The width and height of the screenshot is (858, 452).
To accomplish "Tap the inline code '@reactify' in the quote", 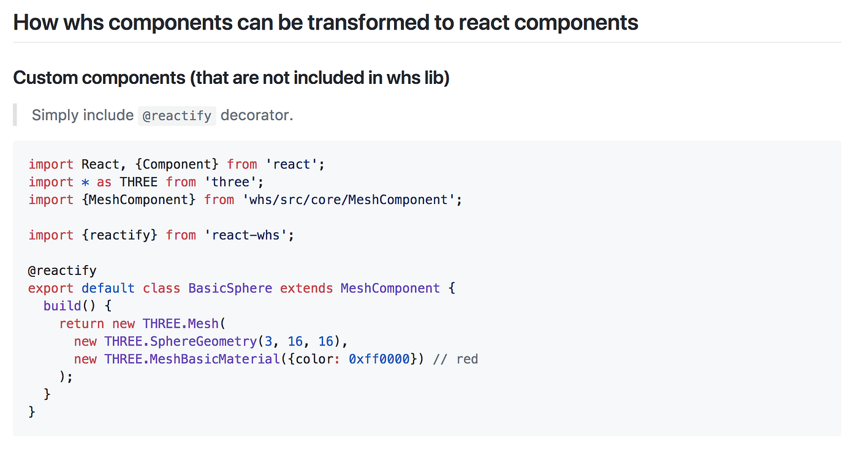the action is click(177, 115).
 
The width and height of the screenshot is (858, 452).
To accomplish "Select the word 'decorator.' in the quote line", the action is click(257, 115).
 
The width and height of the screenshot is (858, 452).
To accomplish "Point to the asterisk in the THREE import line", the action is click(85, 182).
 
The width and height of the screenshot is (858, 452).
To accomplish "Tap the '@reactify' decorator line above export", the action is click(63, 271).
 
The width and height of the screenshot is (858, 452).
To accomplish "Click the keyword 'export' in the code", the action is click(51, 288).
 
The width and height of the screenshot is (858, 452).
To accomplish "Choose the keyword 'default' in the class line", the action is click(108, 288).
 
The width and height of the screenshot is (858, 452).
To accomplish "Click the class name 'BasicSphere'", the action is click(230, 288).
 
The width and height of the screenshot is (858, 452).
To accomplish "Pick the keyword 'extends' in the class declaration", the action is click(306, 288).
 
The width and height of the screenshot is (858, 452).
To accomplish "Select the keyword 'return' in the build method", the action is click(82, 324).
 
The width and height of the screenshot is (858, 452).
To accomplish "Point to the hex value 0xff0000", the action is click(379, 360).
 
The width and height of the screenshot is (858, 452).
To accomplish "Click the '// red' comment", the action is click(455, 360).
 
